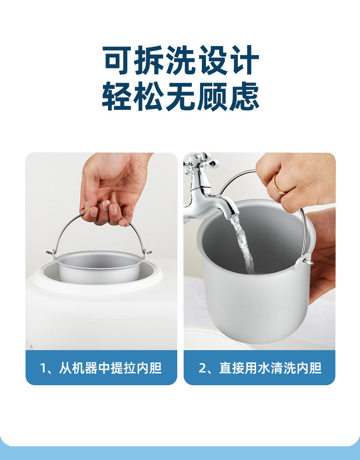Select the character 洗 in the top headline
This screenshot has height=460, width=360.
click(x=180, y=61)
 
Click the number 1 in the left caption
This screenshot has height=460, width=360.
click(x=44, y=368)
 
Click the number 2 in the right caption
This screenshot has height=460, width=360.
click(x=202, y=368)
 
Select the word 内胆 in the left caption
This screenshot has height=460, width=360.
click(x=149, y=368)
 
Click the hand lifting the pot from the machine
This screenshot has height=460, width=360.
click(x=112, y=187)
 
